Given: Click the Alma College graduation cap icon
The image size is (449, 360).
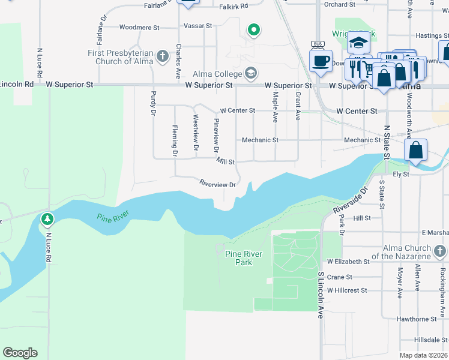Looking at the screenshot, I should pos(251,74).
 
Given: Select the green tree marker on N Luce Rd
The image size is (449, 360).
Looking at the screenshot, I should pos(47,220).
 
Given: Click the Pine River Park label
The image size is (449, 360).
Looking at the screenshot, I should pos(243,258).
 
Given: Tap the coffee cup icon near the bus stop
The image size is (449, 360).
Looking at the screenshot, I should pos(321,61).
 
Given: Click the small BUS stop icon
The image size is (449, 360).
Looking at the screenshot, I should pos(318,44).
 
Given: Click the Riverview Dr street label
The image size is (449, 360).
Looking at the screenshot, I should pos(217,185).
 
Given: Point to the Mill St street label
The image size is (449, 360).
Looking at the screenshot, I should pos(226,162).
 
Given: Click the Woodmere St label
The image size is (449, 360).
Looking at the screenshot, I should pos(139,28).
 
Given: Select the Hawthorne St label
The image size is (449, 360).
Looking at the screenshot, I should pos(417,319).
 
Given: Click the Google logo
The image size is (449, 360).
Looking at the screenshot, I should pos(20,353).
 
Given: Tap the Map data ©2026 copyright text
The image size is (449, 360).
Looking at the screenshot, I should pos(423,355).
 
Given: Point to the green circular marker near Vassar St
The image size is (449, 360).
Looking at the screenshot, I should pos(254,29).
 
